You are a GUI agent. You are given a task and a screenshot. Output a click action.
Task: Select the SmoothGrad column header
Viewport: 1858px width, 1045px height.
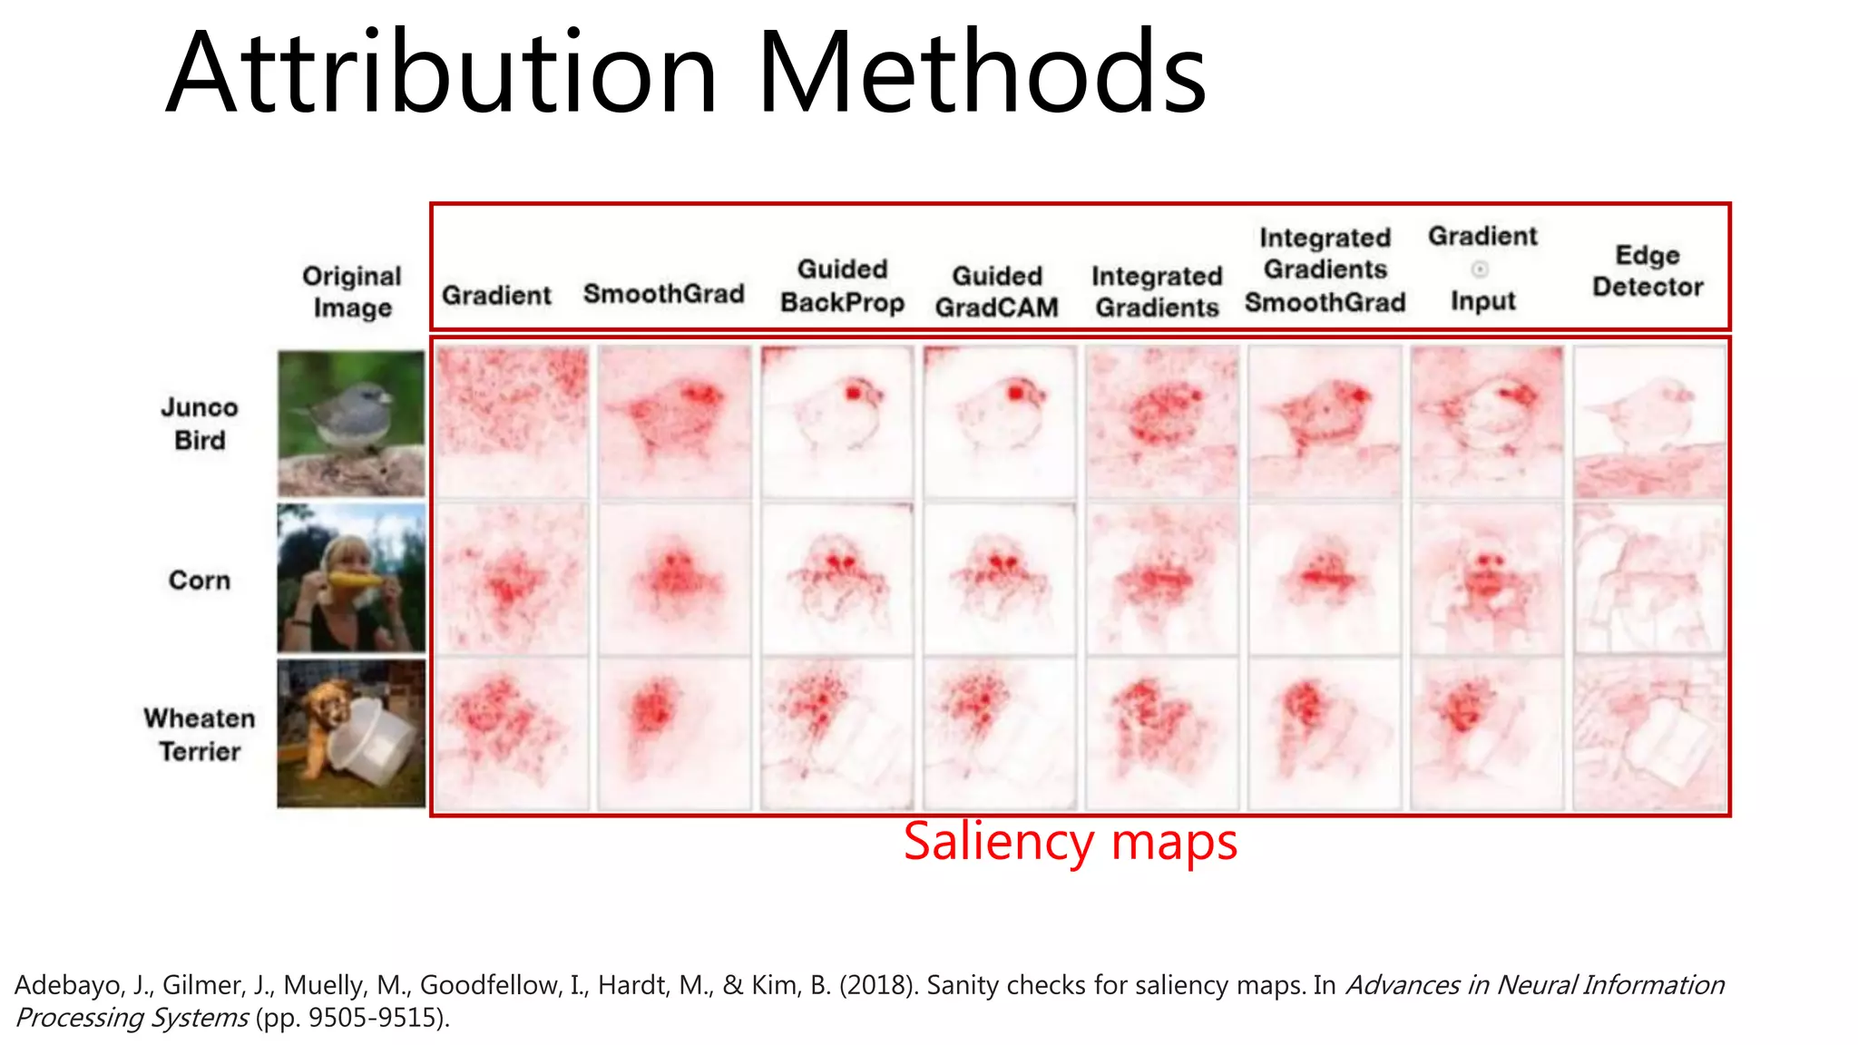663,294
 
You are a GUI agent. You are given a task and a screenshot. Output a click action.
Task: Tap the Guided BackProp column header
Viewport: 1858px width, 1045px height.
842,286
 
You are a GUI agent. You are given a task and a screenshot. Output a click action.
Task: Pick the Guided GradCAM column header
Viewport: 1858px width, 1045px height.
996,291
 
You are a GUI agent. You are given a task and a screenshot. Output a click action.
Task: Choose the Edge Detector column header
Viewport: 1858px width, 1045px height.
1648,270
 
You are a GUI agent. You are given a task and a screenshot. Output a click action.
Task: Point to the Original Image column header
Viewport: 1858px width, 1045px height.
352,291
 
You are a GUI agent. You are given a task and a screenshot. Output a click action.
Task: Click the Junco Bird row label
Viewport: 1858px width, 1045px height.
200,424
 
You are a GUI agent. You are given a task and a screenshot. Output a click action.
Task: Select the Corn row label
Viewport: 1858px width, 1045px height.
200,580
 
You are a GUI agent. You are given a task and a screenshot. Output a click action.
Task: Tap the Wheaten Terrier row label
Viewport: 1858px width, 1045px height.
200,735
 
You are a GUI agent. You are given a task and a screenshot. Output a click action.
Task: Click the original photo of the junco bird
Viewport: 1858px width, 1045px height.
351,423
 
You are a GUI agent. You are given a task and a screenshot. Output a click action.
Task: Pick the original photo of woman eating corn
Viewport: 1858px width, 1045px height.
351,579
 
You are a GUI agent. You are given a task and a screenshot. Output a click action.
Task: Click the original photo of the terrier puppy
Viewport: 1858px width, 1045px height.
351,733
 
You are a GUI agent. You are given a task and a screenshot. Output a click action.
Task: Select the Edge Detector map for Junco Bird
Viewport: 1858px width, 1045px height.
1649,423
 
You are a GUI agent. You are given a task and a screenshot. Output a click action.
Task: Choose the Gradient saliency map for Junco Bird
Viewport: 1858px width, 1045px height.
512,423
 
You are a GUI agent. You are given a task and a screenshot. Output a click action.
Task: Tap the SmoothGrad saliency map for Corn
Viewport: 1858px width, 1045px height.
674,579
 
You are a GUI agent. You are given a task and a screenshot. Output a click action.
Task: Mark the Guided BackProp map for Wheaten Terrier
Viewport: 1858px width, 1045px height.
836,733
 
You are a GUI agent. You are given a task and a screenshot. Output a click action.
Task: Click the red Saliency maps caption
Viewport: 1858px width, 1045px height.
1070,842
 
